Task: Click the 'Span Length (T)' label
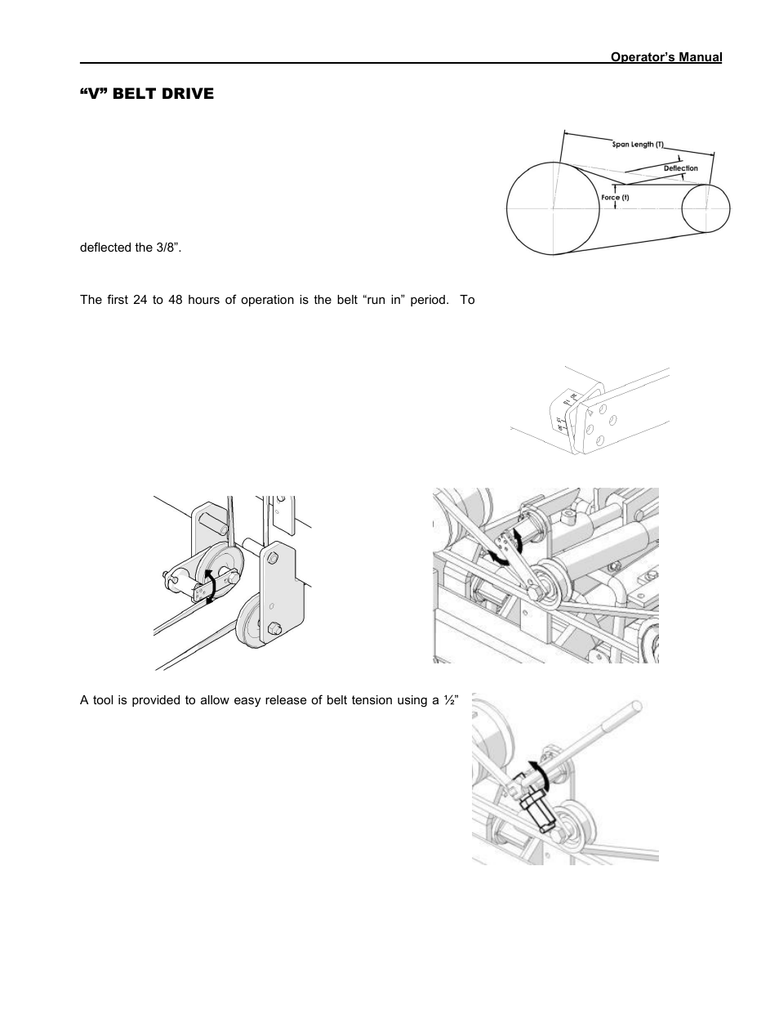click(x=639, y=145)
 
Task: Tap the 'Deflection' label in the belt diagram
click(x=680, y=168)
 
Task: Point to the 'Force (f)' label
click(x=615, y=198)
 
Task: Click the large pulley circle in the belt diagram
click(x=553, y=208)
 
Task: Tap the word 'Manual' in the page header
click(x=700, y=57)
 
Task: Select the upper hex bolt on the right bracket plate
click(x=271, y=556)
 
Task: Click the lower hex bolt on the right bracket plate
click(x=271, y=627)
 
